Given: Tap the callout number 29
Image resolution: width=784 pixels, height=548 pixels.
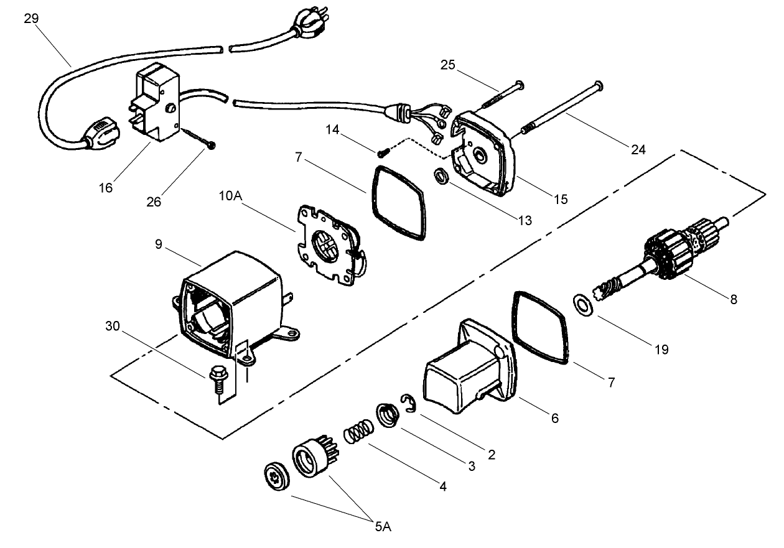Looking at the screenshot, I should pos(31,19).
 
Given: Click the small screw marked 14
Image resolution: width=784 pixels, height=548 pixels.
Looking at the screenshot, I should pos(382,151).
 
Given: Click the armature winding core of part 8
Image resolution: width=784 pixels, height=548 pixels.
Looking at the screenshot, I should pos(669,252).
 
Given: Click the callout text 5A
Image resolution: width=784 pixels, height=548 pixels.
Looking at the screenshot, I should pos(383,527).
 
